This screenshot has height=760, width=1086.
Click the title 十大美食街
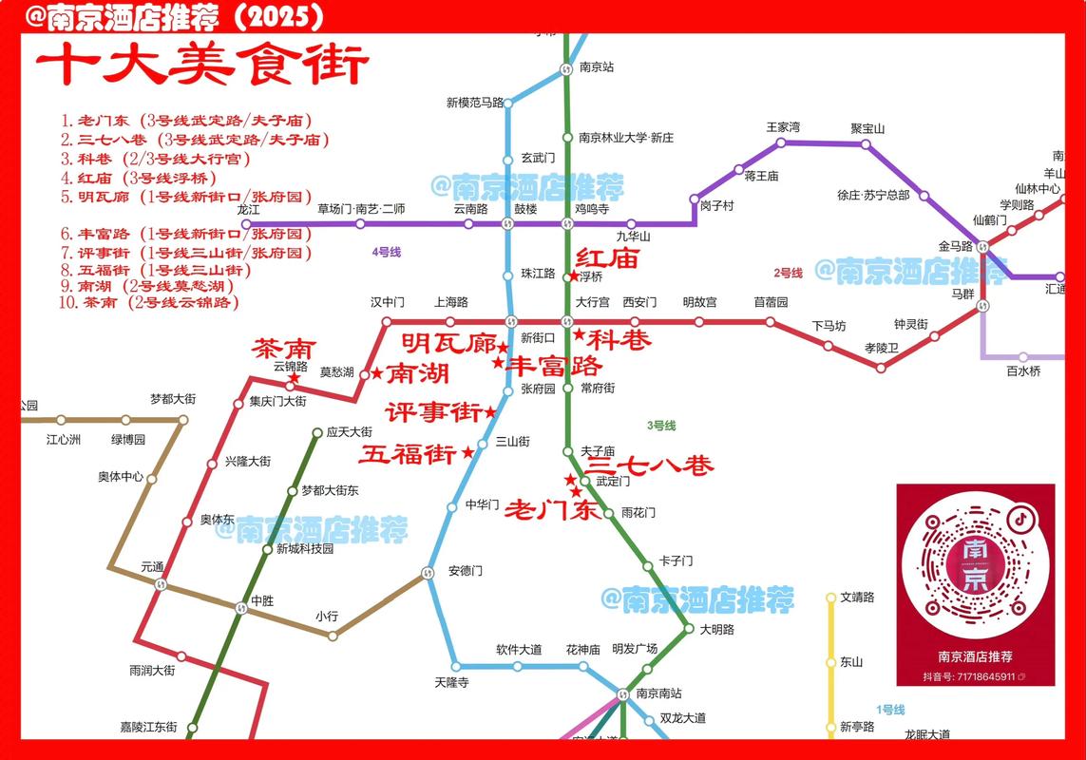201,67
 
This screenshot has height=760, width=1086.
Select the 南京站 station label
597,67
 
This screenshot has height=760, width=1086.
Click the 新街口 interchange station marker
511,321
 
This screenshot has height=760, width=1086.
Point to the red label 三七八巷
649,465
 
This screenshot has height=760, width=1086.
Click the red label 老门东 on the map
551,510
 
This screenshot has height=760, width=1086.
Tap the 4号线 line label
386,252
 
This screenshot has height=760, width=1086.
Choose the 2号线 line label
788,273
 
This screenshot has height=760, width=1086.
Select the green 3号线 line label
660,425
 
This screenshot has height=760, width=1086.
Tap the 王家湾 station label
783,127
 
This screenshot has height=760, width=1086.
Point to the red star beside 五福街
467,454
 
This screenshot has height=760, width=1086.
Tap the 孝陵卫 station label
881,349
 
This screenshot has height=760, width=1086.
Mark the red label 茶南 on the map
282,349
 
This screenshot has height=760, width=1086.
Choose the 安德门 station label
466,571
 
